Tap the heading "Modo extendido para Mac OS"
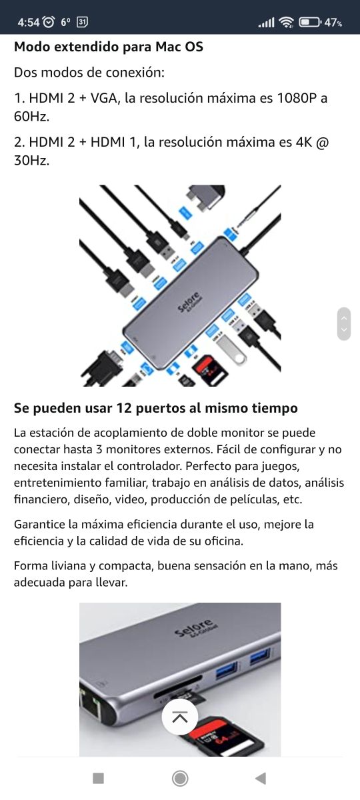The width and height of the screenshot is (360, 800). [109, 47]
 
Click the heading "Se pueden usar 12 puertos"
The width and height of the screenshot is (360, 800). [155, 407]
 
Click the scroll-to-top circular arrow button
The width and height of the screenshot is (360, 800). [180, 717]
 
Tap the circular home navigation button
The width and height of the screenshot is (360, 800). [180, 778]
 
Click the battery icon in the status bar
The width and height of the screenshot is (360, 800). [309, 22]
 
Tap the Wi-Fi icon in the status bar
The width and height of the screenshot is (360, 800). [287, 22]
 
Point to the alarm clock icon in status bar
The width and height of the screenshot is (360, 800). [49, 22]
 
